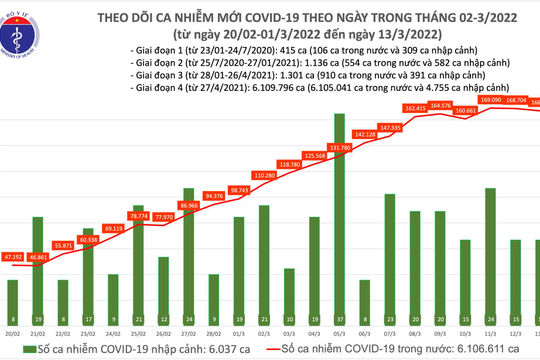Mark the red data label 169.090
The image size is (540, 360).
pos(491,99)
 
